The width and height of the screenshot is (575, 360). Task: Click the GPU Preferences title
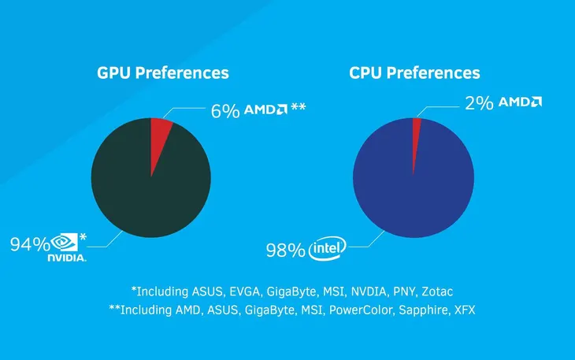[162, 73]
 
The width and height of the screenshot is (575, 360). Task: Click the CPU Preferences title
[414, 73]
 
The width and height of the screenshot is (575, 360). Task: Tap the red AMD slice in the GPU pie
[160, 134]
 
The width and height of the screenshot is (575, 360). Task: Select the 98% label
[285, 251]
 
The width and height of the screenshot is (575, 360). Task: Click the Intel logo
[328, 250]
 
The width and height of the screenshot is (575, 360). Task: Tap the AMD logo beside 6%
[265, 109]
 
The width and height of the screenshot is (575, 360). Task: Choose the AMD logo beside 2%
[520, 102]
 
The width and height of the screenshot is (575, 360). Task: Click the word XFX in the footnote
[464, 310]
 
